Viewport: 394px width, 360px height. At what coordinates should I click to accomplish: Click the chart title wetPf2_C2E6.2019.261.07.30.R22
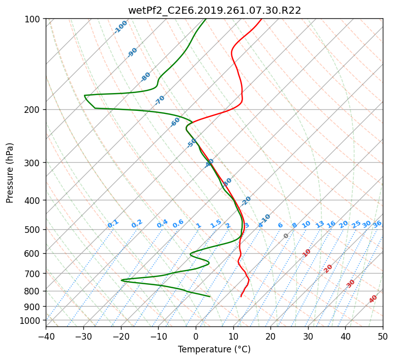click(215, 10)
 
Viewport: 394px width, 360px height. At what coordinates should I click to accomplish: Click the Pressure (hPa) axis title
click(10, 173)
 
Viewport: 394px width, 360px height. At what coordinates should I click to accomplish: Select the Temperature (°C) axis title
click(215, 349)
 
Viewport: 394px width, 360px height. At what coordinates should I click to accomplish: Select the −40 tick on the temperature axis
click(46, 336)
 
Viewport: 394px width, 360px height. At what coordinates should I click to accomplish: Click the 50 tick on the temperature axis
click(383, 336)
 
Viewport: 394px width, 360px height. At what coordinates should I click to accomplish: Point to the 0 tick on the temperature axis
click(196, 336)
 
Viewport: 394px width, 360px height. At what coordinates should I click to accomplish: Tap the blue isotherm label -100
click(120, 27)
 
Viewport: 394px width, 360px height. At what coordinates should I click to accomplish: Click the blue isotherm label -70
click(159, 100)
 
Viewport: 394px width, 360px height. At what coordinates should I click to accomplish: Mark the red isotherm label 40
click(373, 299)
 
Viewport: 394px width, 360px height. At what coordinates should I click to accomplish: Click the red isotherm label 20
click(328, 269)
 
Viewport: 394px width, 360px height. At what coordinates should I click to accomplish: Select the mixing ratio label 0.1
click(113, 224)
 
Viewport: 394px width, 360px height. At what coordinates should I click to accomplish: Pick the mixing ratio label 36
click(377, 224)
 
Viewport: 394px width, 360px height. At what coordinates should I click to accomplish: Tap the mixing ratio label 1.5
click(216, 224)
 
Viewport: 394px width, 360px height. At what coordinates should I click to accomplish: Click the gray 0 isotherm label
click(286, 236)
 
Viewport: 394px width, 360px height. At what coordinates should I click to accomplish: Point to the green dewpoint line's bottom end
click(210, 296)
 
